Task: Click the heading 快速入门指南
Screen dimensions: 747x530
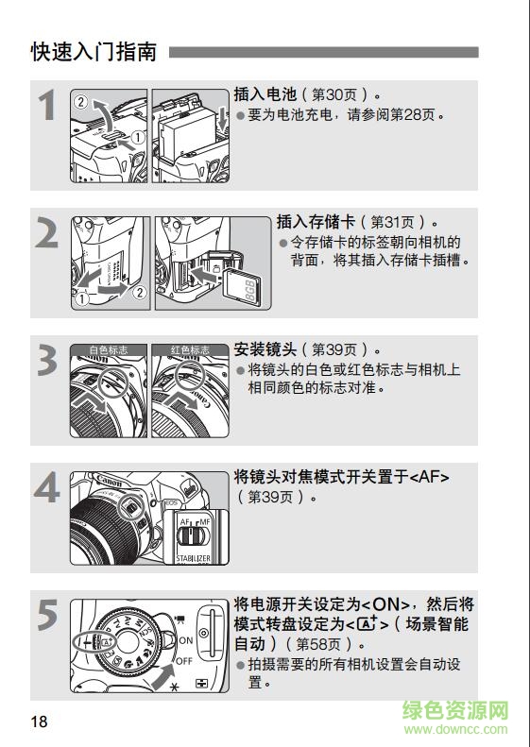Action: [94, 52]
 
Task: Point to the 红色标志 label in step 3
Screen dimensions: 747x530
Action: [189, 350]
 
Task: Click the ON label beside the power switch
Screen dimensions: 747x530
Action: [185, 640]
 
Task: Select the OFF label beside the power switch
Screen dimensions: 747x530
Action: [186, 661]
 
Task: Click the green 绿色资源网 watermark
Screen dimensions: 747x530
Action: [455, 710]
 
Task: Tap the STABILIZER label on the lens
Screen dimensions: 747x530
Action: [193, 559]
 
